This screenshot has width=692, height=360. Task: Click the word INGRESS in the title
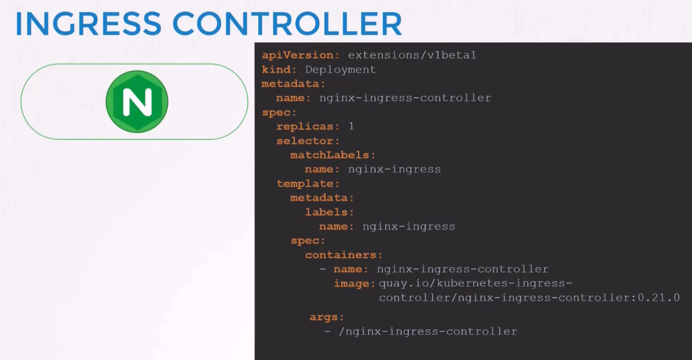(x=88, y=24)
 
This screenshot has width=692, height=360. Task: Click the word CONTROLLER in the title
(x=287, y=24)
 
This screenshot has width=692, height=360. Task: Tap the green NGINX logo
(x=137, y=102)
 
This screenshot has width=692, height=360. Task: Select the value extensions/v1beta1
(x=412, y=55)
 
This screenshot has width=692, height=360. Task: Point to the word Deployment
(x=340, y=70)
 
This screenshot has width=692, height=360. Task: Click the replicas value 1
(x=351, y=126)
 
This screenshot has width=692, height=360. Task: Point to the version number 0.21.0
(x=659, y=297)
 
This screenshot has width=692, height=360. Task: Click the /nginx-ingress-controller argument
(x=428, y=332)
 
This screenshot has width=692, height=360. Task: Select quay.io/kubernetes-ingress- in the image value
(x=475, y=283)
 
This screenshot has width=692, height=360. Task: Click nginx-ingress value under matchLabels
(x=394, y=170)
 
